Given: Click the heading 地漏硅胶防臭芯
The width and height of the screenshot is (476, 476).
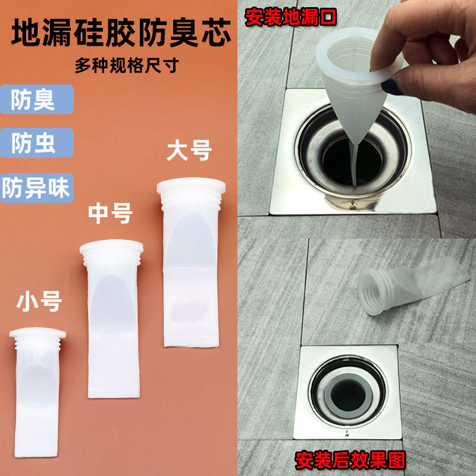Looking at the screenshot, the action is pos(121,33).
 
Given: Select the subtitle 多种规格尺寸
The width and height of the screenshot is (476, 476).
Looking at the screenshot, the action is pos(127,65).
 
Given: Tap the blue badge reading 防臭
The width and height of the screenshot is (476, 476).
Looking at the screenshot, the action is pos(36,99).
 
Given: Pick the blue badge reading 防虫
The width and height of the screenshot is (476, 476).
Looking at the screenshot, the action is pos(36,143).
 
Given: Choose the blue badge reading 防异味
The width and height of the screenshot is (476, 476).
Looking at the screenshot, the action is pos(36,188).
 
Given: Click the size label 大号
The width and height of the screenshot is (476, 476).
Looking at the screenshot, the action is pos(189,151).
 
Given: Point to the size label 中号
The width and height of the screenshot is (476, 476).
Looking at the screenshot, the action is pos(111,214).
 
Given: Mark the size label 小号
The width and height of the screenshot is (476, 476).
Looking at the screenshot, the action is pos(39,302).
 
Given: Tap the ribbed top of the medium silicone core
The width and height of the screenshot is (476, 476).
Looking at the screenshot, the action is pos(111,253).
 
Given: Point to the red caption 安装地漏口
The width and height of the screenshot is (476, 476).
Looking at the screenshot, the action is pos(290,17).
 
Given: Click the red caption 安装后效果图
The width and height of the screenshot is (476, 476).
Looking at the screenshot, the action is pos(350,460).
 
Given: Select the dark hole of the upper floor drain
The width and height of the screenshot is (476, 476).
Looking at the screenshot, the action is pos(352,161).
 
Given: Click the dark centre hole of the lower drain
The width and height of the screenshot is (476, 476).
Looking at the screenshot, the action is pos(348,396).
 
